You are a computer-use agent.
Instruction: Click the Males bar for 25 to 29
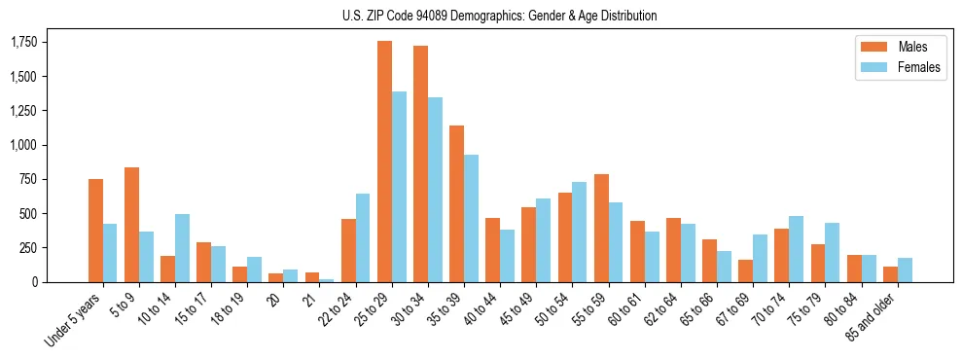384,162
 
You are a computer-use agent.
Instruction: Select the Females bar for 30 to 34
435,190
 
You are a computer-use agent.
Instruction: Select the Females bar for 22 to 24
363,237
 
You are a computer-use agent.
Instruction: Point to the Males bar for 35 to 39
456,203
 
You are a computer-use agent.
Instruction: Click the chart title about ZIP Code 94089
499,16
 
